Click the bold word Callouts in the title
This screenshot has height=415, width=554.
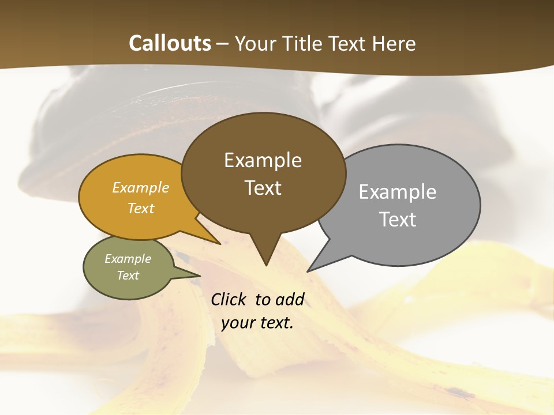point(170,43)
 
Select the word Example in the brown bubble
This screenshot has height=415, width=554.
point(263,160)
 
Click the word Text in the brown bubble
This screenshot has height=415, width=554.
point(263,188)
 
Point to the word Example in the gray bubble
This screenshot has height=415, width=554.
point(397,192)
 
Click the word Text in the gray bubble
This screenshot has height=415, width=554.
point(398,220)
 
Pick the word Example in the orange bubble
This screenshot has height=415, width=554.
point(140,188)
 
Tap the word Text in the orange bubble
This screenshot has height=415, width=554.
point(140,208)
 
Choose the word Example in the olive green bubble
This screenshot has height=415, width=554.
point(128,259)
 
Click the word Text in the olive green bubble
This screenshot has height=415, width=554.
point(128,276)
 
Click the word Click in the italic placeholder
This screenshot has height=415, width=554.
point(229,300)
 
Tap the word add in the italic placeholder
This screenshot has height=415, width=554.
point(290,300)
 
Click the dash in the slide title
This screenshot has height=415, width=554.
point(223,44)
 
